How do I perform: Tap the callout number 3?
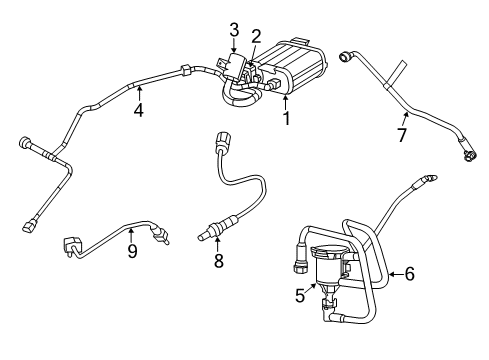coord(233,28)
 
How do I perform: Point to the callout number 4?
coord(139,109)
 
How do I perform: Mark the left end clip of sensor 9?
coord(73,240)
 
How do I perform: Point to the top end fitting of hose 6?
coord(430,179)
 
